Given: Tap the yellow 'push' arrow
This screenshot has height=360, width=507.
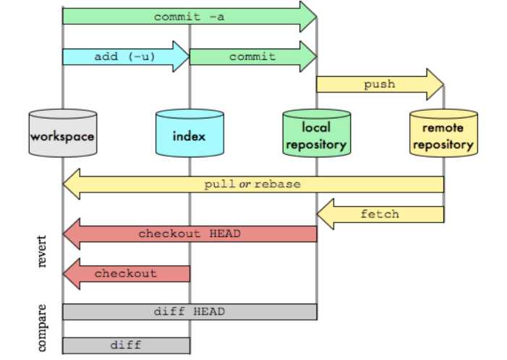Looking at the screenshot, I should [379, 85].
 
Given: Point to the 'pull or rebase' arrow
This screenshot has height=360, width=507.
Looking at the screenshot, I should [252, 184].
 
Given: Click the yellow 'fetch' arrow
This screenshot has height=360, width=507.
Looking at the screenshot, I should [380, 214].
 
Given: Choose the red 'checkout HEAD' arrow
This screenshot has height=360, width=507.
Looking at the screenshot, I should [189, 233].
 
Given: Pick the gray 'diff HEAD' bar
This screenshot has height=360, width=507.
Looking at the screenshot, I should [189, 312].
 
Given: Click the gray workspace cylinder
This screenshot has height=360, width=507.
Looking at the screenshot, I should [63, 134].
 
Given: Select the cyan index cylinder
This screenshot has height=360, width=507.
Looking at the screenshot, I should [189, 134].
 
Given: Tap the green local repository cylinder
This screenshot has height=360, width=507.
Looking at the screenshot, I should [316, 134].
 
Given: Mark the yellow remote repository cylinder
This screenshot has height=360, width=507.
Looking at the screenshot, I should [443, 134].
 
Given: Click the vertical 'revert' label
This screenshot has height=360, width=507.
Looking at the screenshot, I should [43, 251].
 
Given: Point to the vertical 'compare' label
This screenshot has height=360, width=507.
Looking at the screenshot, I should [43, 327].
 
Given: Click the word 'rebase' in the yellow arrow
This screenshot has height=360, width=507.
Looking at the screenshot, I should [277, 184].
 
